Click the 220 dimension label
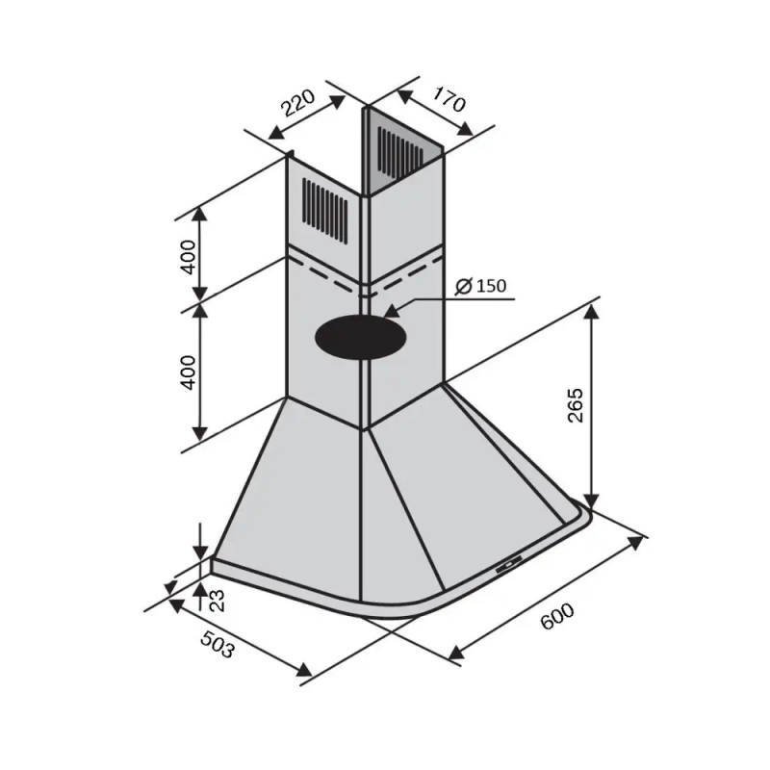coord(298,103)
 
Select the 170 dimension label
coord(448,98)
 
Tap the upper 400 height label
coord(188,257)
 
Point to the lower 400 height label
coord(188,372)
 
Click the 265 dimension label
coord(575,405)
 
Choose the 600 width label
coord(557,615)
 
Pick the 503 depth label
coord(218,644)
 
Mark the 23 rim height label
coord(217,600)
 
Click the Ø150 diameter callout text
coord(480,286)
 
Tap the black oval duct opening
coord(361,339)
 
